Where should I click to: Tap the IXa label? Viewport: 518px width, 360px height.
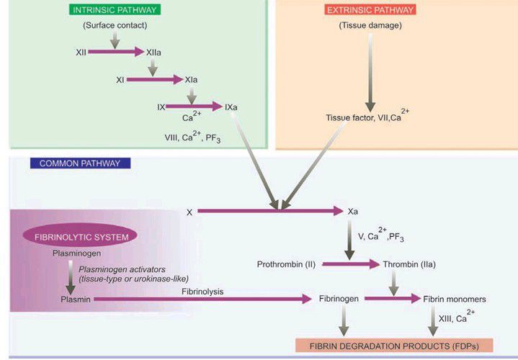[x=231, y=107]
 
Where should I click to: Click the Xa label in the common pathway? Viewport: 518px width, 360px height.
[x=353, y=212]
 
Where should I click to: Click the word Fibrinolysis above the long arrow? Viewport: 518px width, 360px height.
[x=202, y=289]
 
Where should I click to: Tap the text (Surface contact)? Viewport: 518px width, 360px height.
[x=115, y=26]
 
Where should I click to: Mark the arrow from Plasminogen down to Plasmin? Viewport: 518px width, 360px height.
[x=71, y=276]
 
